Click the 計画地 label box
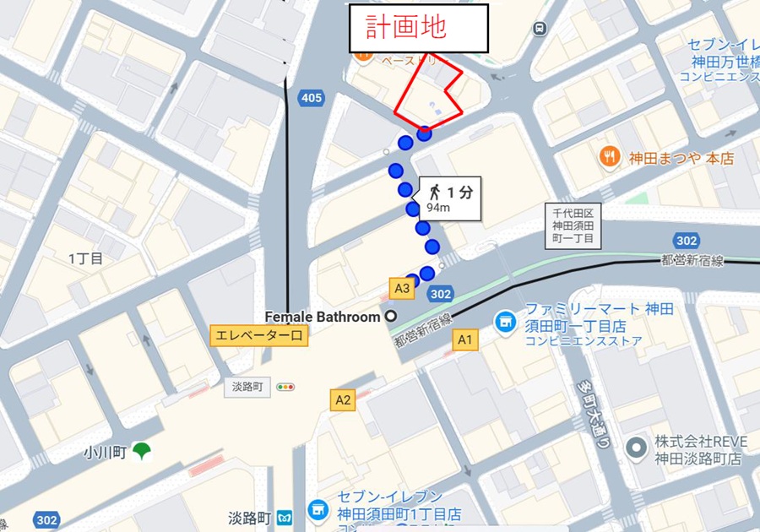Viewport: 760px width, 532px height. [x=419, y=29]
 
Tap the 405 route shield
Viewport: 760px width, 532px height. [x=311, y=98]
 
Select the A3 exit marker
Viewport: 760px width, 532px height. [x=403, y=288]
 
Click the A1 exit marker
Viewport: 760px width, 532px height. [x=464, y=339]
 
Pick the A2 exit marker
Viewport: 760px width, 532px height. [x=342, y=400]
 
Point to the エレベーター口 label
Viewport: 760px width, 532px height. [x=258, y=336]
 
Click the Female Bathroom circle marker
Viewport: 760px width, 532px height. [x=391, y=317]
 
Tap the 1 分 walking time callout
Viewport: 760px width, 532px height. [x=449, y=198]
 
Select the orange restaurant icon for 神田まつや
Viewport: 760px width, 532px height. [x=608, y=156]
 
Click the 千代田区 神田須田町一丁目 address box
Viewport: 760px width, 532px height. [x=574, y=227]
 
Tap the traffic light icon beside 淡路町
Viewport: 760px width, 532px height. [x=286, y=388]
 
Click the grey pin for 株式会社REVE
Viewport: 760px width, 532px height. [x=638, y=448]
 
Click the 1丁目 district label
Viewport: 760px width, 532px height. [x=85, y=258]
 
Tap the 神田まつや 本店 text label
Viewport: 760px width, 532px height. [x=680, y=158]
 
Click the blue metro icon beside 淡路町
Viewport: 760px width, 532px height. [x=286, y=515]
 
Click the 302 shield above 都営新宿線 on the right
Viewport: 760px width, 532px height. [x=687, y=241]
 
